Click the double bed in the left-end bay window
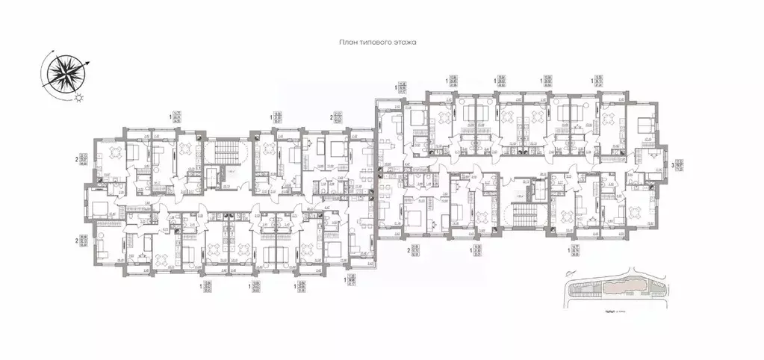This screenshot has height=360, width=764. tap(101, 202)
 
